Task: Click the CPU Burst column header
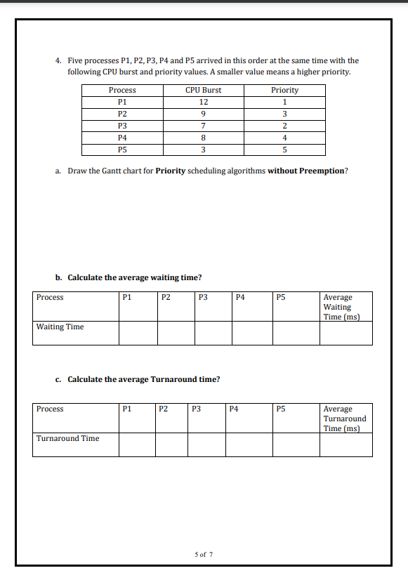click(203, 90)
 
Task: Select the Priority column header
click(284, 90)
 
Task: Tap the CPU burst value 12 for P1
click(203, 102)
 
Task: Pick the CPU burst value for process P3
click(203, 126)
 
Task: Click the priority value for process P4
click(284, 138)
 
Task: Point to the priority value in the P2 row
click(284, 114)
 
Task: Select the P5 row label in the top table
click(122, 150)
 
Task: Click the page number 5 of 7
click(204, 554)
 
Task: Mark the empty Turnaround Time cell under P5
click(296, 444)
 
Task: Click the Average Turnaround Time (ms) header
click(344, 418)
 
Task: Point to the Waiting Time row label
click(60, 327)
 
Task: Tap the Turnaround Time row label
click(67, 438)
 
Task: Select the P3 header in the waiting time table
click(204, 297)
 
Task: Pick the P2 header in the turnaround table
click(163, 409)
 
